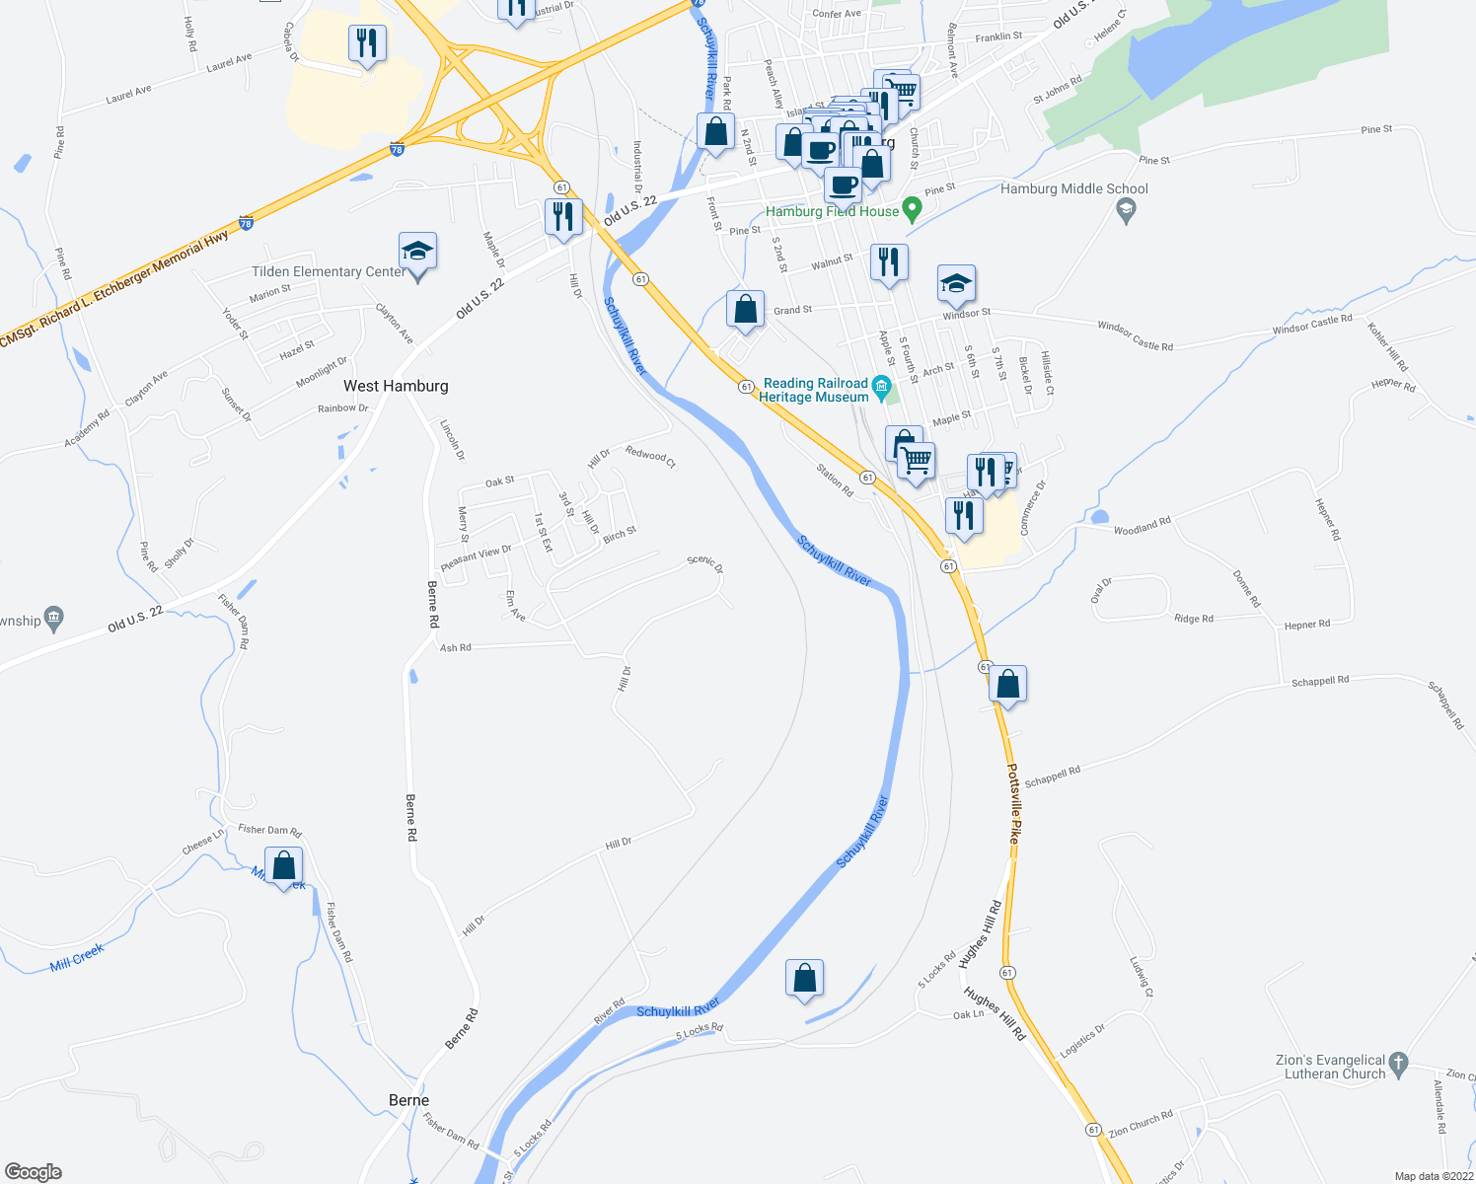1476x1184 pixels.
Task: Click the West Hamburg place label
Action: (x=396, y=386)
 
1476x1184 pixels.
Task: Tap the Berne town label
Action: (x=408, y=1100)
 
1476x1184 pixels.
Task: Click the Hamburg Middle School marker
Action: (x=1126, y=208)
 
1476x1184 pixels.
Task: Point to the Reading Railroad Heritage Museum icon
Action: (x=882, y=386)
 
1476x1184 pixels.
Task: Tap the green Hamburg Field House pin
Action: (x=913, y=209)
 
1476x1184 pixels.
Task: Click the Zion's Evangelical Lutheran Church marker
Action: (x=1398, y=1064)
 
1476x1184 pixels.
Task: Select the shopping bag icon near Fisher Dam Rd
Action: (x=284, y=866)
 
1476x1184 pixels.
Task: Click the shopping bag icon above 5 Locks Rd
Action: (x=805, y=979)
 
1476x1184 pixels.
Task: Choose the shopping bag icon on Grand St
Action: (x=746, y=309)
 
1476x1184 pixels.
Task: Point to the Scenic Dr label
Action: (x=704, y=564)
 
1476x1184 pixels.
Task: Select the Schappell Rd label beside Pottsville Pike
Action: (x=1052, y=777)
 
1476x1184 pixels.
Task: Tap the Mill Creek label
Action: (x=77, y=957)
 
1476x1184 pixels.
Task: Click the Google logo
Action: (x=34, y=1171)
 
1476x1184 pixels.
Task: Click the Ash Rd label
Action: (x=455, y=648)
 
